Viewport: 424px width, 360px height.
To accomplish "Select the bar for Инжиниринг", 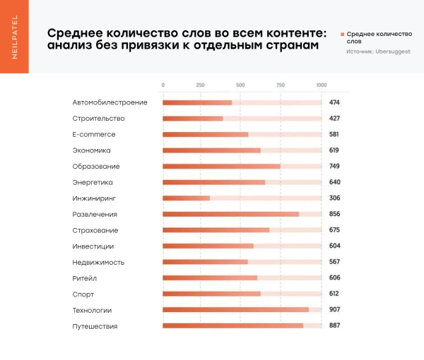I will (x=187, y=198).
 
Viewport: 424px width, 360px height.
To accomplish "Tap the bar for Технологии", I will (x=235, y=310).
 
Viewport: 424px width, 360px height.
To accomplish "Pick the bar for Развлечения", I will (x=230, y=214).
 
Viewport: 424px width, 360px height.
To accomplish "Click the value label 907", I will (x=334, y=310).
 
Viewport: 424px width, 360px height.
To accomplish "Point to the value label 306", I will (x=334, y=198).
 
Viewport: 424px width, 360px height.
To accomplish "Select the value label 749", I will (x=334, y=166).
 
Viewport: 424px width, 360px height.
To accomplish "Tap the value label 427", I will (x=334, y=118).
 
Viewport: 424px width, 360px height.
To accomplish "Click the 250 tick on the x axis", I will (x=201, y=85).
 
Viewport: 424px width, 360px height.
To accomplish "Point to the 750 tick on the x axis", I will (x=281, y=85).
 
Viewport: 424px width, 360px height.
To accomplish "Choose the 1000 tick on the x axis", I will (x=322, y=85).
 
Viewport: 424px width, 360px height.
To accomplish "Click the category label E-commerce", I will (x=93, y=134).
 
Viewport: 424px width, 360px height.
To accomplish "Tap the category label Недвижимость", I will (x=98, y=262).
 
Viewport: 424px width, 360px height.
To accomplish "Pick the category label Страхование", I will (x=95, y=230).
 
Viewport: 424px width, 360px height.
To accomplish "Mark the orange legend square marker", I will (x=343, y=34).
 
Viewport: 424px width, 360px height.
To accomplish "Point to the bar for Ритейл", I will (x=210, y=278).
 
